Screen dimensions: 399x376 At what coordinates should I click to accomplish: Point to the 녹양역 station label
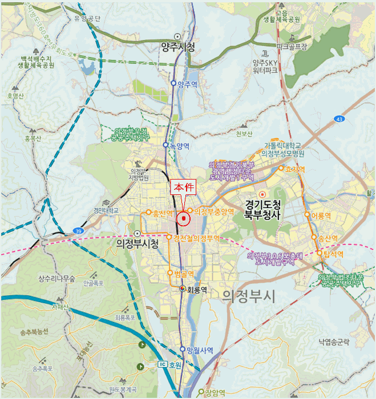point(179,145)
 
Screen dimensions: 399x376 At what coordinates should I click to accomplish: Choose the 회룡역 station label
point(196,290)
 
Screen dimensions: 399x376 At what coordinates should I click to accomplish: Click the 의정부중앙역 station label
point(214,211)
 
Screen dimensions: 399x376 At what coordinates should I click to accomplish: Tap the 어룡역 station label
point(321,215)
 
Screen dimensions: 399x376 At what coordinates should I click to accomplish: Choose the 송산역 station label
point(328,238)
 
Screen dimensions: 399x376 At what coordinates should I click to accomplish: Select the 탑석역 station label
point(334,254)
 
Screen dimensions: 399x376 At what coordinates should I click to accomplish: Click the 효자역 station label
point(295,169)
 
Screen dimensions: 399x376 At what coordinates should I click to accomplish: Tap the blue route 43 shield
point(340,119)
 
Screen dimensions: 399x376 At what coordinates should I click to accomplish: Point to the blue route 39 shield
point(78,231)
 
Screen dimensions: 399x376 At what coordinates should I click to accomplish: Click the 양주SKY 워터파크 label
point(265,67)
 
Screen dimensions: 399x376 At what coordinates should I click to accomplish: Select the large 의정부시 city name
point(249,296)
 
